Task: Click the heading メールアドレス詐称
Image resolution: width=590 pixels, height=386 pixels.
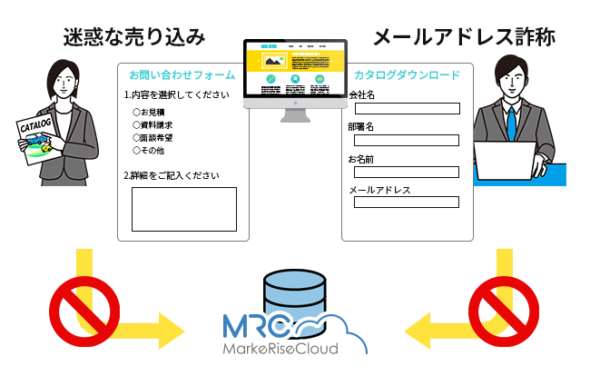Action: point(464,37)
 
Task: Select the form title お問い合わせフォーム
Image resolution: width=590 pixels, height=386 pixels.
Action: point(182,74)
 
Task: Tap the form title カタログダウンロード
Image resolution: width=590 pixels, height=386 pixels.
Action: point(407,74)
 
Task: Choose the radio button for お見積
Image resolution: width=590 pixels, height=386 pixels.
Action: point(136,113)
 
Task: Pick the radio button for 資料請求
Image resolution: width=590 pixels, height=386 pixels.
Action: point(136,125)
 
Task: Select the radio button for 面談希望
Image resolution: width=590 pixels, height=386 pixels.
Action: point(136,138)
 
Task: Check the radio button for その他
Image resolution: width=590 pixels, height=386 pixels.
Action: point(136,151)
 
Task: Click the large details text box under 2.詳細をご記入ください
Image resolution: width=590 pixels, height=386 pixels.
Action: point(183,209)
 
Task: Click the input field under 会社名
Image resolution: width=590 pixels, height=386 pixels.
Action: point(407,109)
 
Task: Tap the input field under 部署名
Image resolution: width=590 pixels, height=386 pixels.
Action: point(407,140)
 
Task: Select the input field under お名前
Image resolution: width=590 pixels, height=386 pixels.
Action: point(407,171)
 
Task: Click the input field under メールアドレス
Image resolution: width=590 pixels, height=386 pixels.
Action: point(407,202)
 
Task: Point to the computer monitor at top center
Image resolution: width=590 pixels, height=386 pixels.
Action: point(295,73)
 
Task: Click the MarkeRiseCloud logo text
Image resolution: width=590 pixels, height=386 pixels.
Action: point(281,349)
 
